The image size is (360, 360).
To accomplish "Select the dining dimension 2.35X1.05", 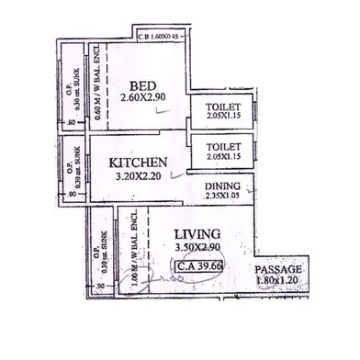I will coord(223,196).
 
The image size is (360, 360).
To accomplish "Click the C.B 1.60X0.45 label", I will coord(162,38).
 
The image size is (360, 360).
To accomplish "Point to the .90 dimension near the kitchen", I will coord(73,195).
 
